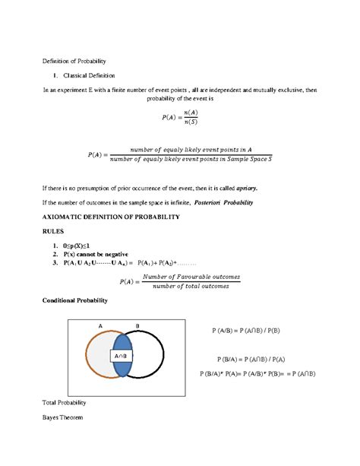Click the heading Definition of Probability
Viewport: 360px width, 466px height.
pyautogui.click(x=72, y=60)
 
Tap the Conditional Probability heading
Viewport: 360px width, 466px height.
pyautogui.click(x=74, y=300)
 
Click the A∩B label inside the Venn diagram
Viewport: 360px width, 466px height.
pyautogui.click(x=122, y=356)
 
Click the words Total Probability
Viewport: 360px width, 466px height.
pyautogui.click(x=66, y=402)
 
